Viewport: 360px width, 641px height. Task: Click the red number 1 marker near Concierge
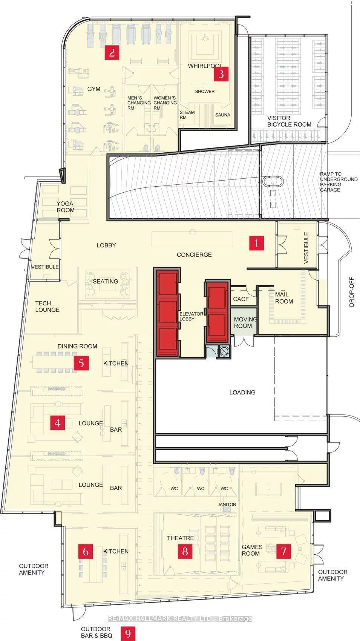pyautogui.click(x=256, y=243)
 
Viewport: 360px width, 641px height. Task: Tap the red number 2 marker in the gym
pyautogui.click(x=112, y=52)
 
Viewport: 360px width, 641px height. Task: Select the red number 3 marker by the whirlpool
pyautogui.click(x=221, y=74)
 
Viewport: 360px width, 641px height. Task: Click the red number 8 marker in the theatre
pyautogui.click(x=185, y=551)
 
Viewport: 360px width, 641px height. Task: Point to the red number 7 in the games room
pyautogui.click(x=283, y=551)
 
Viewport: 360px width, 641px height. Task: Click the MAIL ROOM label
pyautogui.click(x=284, y=298)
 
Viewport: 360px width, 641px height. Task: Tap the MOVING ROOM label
pyautogui.click(x=245, y=322)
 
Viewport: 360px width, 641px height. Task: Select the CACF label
pyautogui.click(x=241, y=299)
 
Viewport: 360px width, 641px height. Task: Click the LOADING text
pyautogui.click(x=242, y=393)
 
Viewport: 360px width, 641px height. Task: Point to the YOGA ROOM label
pyautogui.click(x=66, y=207)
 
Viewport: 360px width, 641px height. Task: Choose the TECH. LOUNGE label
pyautogui.click(x=47, y=307)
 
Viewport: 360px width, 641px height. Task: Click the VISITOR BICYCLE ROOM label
pyautogui.click(x=289, y=121)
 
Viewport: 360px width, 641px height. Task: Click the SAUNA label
pyautogui.click(x=222, y=115)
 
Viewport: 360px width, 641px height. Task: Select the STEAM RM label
pyautogui.click(x=187, y=115)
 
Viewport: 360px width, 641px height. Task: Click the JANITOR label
pyautogui.click(x=227, y=505)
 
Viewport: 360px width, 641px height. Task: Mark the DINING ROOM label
pyautogui.click(x=77, y=346)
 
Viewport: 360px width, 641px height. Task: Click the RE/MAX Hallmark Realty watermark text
pyautogui.click(x=180, y=619)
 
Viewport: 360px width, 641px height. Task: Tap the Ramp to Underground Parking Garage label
pyautogui.click(x=339, y=182)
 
